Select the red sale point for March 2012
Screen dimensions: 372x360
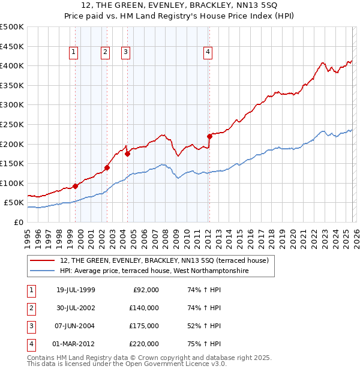(x=209, y=136)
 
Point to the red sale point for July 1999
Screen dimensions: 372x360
(x=76, y=186)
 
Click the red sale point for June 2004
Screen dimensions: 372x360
(x=127, y=154)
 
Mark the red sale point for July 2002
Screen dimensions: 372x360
(x=107, y=168)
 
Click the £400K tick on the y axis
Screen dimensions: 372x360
(x=12, y=65)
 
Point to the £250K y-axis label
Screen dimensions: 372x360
(x=12, y=124)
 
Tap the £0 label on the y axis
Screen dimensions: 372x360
(x=18, y=222)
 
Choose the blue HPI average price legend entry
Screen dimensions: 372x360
(x=154, y=271)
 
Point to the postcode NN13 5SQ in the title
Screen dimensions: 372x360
(x=253, y=7)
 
